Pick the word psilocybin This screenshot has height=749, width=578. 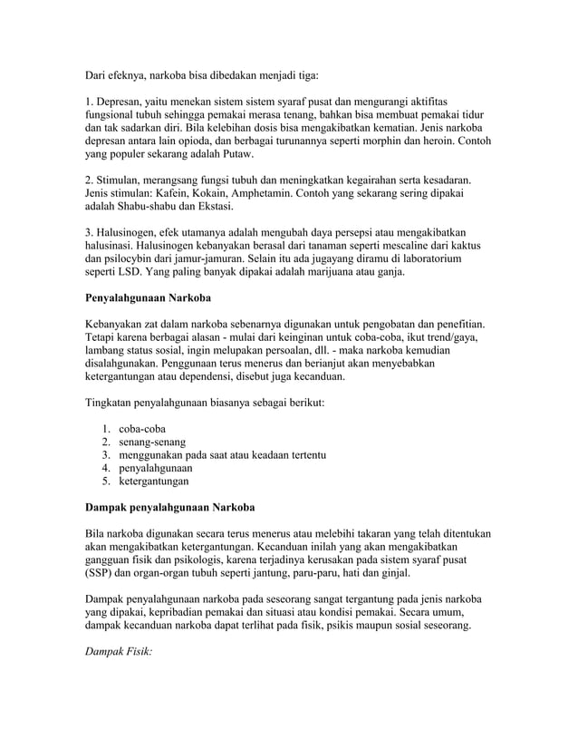point(139,258)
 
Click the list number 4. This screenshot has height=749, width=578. point(106,468)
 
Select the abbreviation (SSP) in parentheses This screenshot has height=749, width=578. point(101,574)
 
